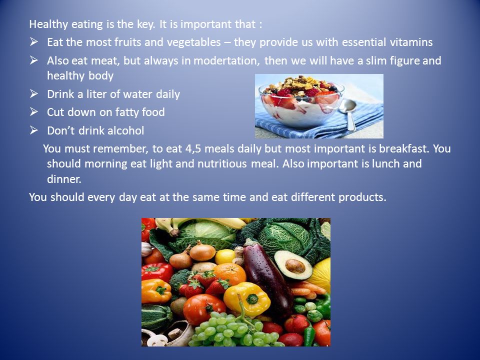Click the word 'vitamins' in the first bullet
click(x=411, y=42)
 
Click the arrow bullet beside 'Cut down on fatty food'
click(x=33, y=112)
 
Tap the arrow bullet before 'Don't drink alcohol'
click(x=33, y=130)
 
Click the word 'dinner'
click(x=63, y=179)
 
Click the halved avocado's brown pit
click(x=295, y=266)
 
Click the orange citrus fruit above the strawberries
click(x=230, y=273)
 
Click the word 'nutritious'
click(x=222, y=164)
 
